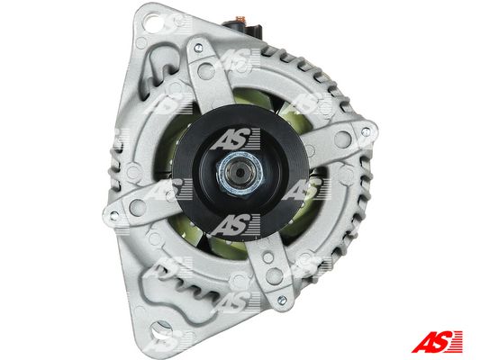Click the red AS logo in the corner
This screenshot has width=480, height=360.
[x=437, y=341]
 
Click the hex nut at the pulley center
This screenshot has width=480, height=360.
[x=240, y=173]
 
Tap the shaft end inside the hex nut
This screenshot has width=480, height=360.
[x=240, y=173]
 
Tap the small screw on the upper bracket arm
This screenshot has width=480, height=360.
[x=198, y=48]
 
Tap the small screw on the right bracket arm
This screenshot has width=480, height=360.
[x=366, y=132]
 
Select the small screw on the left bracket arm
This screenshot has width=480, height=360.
[x=113, y=214]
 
